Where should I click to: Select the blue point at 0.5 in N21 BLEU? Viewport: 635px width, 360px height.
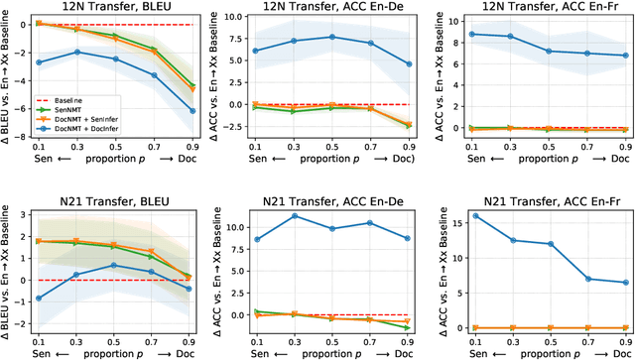pos(115,265)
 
